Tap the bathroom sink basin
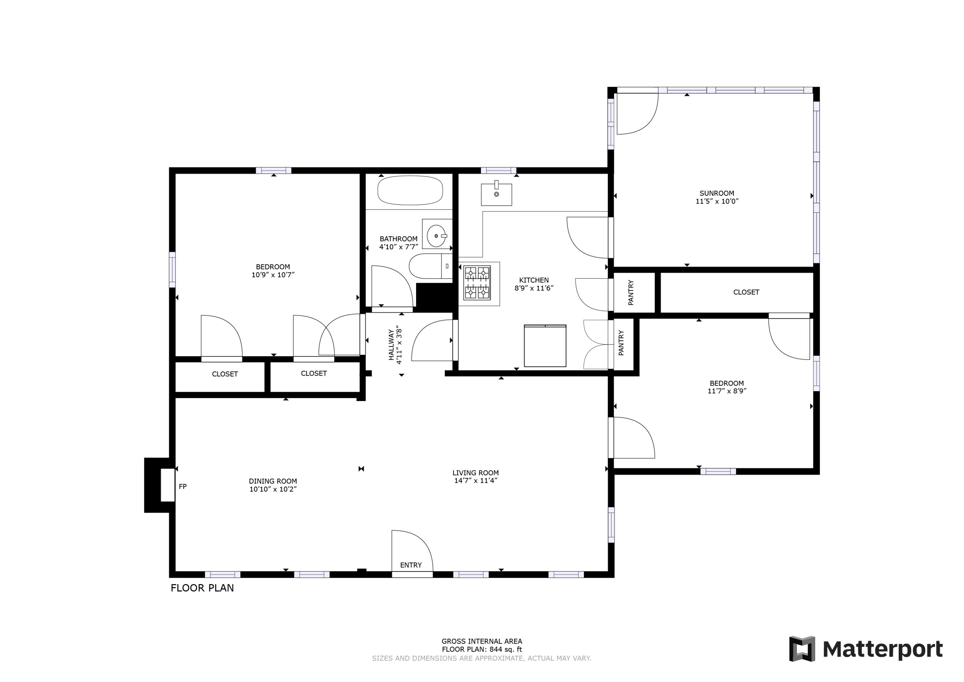click(436, 236)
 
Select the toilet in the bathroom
click(430, 266)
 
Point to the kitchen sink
click(496, 194)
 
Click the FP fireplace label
click(183, 486)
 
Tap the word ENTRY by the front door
click(411, 565)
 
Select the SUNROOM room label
click(717, 193)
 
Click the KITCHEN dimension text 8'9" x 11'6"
click(534, 288)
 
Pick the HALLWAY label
click(391, 345)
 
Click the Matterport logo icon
click(802, 649)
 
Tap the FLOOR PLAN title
click(202, 588)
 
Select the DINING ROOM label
click(273, 481)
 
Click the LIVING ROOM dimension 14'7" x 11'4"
click(476, 480)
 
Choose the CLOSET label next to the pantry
click(746, 292)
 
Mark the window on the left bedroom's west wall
click(172, 270)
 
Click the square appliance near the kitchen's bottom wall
click(545, 345)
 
